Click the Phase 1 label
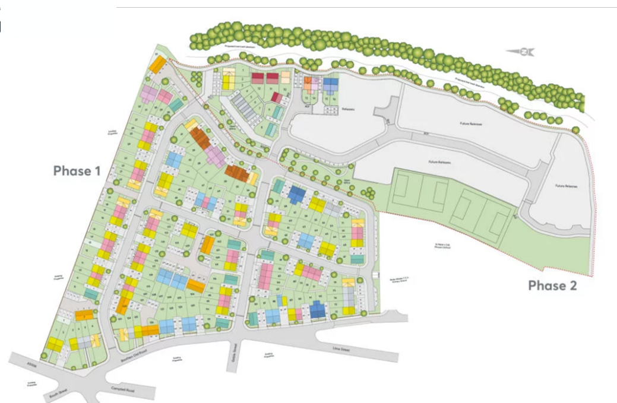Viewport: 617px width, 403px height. click(77, 171)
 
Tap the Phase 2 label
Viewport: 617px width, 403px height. click(552, 285)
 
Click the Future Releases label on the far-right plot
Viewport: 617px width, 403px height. click(567, 186)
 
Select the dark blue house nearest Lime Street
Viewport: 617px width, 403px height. click(318, 309)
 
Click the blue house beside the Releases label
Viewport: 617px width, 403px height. click(330, 85)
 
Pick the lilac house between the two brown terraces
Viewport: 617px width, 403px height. click(214, 157)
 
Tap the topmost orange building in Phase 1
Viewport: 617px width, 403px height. click(157, 64)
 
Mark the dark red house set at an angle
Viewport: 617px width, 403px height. click(277, 97)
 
